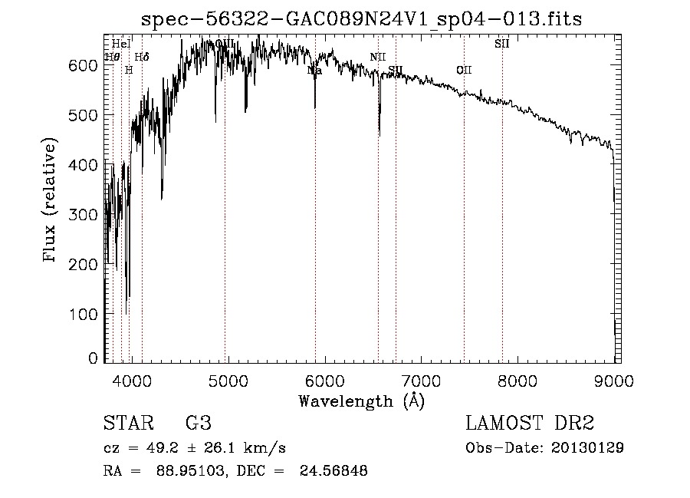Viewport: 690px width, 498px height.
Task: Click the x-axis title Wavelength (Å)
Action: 361,401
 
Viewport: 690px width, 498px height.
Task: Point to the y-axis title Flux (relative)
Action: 51,201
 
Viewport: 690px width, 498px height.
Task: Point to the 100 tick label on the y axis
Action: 87,314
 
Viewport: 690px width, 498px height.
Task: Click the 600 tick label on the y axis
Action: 87,66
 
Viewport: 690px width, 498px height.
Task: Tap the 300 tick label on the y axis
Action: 87,215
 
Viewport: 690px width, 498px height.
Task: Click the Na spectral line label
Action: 314,71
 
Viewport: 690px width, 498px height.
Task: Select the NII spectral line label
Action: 378,58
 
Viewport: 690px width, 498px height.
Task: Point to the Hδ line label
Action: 142,57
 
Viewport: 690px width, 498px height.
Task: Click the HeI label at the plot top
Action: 121,44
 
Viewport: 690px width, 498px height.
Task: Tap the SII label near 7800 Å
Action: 502,44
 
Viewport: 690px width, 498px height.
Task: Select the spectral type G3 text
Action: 198,424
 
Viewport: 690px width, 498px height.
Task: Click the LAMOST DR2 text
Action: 530,424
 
